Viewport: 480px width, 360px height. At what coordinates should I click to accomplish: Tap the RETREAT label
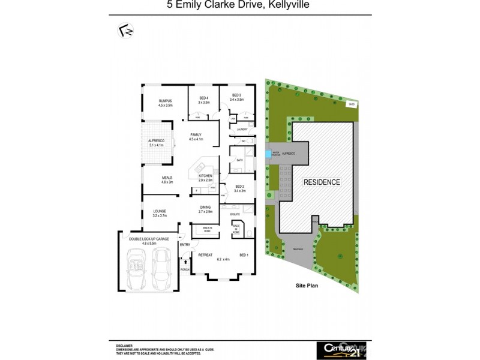coord(206,254)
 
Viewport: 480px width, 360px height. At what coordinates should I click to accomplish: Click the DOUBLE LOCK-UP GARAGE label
coord(144,239)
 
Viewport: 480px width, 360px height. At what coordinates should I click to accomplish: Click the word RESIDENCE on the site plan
coord(321,182)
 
